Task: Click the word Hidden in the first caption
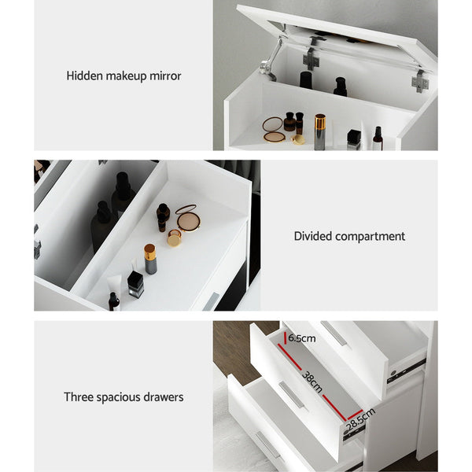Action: click(83, 76)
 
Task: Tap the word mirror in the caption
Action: click(164, 76)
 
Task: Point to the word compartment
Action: click(371, 236)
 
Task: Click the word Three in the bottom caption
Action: click(80, 397)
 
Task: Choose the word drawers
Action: click(163, 397)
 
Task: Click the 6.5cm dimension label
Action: click(301, 338)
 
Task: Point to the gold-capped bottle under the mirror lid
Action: click(320, 130)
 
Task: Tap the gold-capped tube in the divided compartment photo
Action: click(149, 258)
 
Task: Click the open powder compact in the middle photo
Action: click(187, 217)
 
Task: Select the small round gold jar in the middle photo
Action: click(174, 237)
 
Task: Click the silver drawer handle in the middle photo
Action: click(210, 301)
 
